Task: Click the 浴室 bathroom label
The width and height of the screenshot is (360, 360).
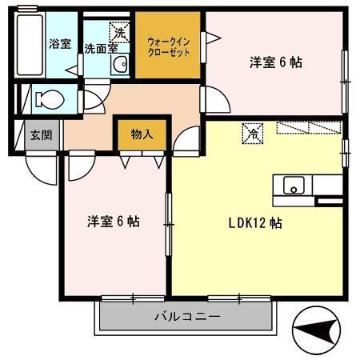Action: click(x=60, y=44)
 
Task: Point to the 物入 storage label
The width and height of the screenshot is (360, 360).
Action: click(x=142, y=134)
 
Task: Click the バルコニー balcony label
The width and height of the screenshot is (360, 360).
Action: click(x=186, y=318)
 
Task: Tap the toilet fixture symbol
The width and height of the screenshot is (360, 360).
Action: click(x=48, y=100)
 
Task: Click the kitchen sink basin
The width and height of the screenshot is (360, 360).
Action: click(x=294, y=186)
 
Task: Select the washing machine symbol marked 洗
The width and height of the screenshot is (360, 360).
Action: click(x=118, y=34)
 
